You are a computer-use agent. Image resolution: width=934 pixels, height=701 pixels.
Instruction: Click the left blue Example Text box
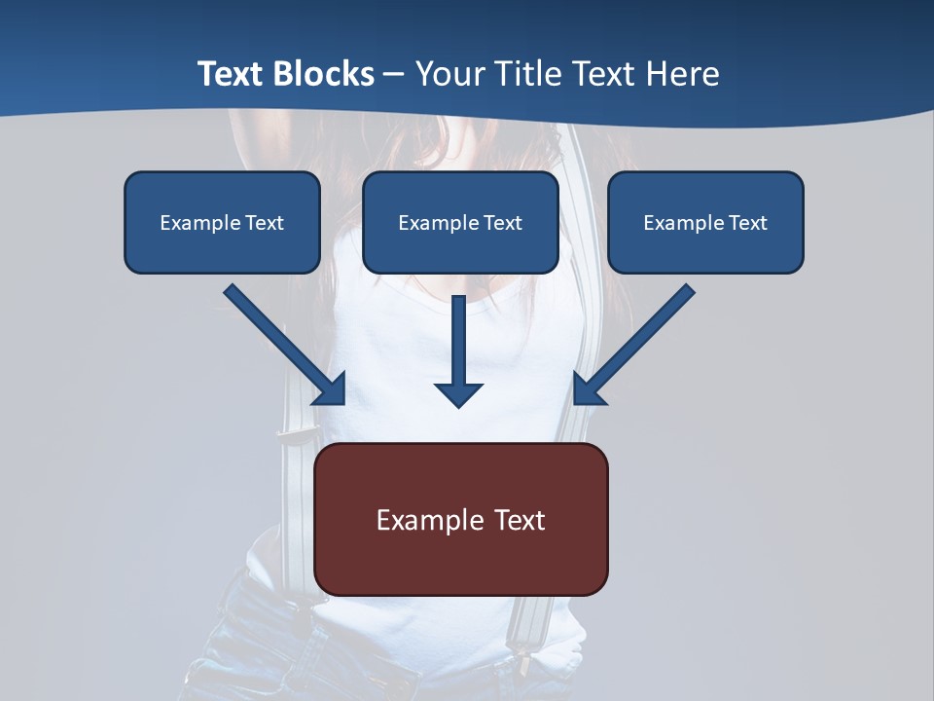point(222,222)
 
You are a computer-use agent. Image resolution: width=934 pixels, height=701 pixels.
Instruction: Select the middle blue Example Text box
point(460,222)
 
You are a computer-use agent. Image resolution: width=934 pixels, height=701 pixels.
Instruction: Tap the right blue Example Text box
point(705,222)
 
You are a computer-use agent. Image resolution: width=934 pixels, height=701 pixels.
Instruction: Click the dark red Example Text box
point(461,519)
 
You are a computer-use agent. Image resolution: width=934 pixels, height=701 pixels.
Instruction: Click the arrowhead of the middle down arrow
point(458,393)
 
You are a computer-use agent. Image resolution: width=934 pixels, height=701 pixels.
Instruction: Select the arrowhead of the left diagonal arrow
point(332,389)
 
